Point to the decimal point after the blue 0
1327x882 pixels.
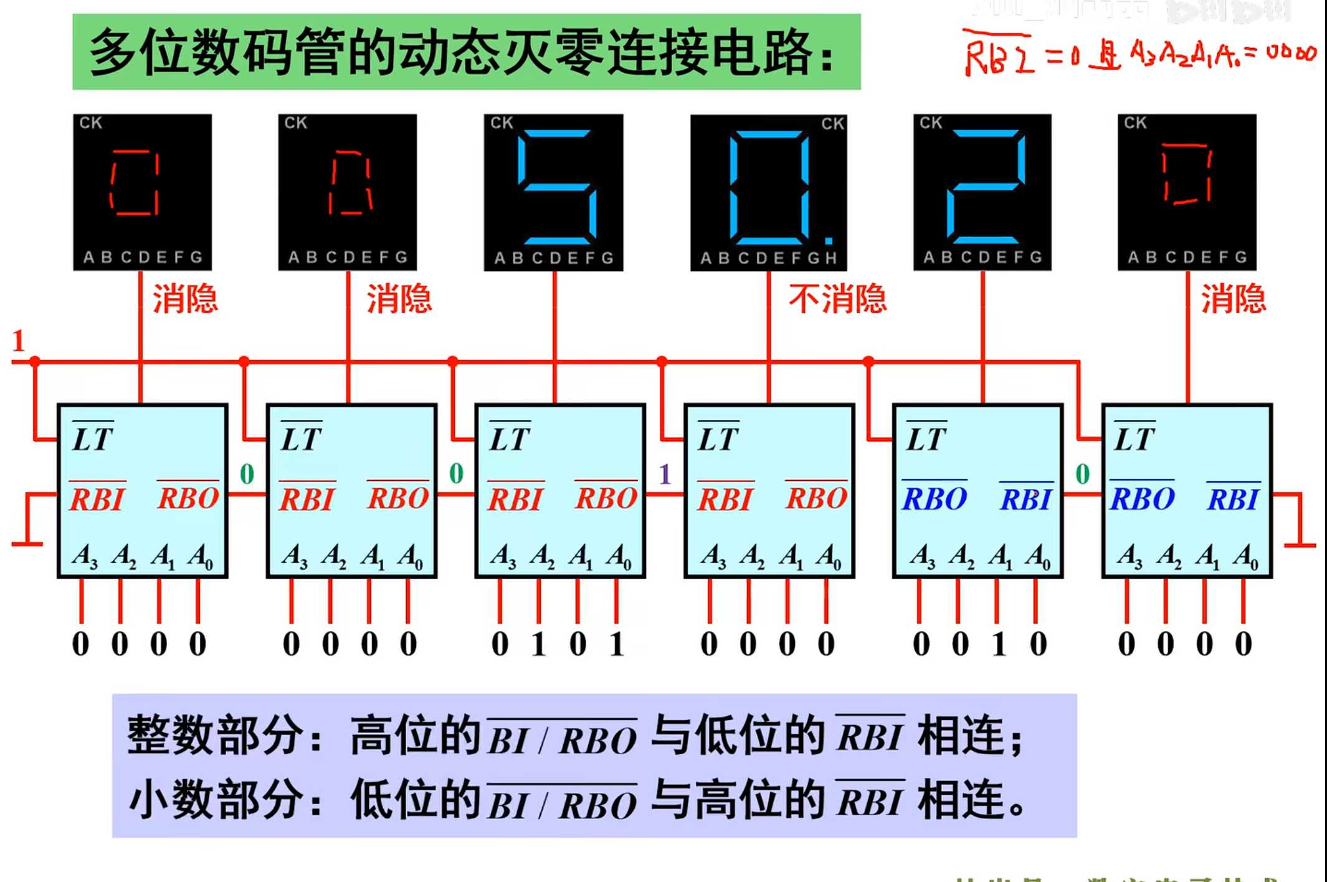point(829,240)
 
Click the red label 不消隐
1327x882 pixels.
point(837,299)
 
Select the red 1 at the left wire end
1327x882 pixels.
point(19,341)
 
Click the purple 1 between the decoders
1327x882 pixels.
point(665,475)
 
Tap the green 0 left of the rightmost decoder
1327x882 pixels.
point(1083,475)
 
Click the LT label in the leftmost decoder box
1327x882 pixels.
point(93,439)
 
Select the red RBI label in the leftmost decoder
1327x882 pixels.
point(98,499)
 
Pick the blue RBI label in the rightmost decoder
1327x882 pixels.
point(1233,499)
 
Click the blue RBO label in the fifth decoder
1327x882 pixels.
point(935,499)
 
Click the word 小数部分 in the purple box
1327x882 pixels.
point(215,800)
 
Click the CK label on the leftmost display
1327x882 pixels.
point(90,123)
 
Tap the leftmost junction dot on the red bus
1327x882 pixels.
point(35,361)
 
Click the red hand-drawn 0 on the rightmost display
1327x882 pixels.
point(1186,174)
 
